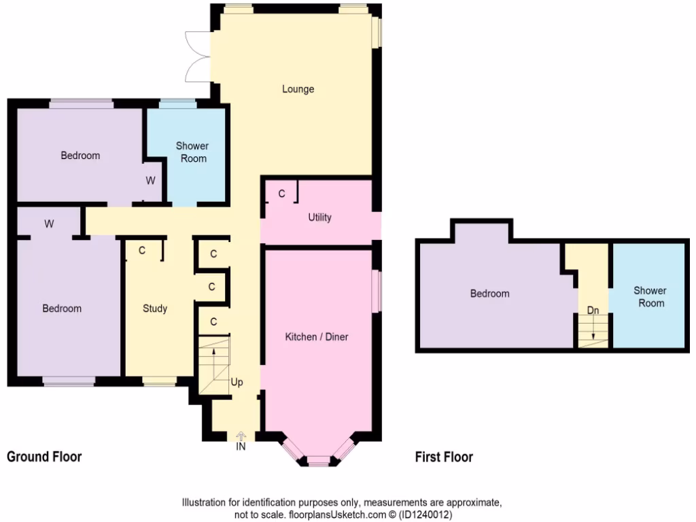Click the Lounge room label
pos(298,89)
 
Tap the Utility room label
pos(319,217)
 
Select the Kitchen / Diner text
pos(317,336)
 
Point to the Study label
pos(155,309)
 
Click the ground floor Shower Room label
pos(192,152)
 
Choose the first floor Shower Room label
pos(650,296)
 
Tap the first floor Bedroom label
pos(489,294)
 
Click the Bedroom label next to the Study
pos(62,309)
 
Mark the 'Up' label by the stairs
pos(237,383)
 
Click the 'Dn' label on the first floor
pos(593,311)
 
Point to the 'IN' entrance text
pos(241,447)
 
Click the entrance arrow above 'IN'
pos(241,436)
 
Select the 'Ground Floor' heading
pos(44,457)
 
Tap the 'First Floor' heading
pos(444,457)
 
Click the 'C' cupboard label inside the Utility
pos(281,194)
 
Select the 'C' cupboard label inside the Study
pos(142,250)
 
